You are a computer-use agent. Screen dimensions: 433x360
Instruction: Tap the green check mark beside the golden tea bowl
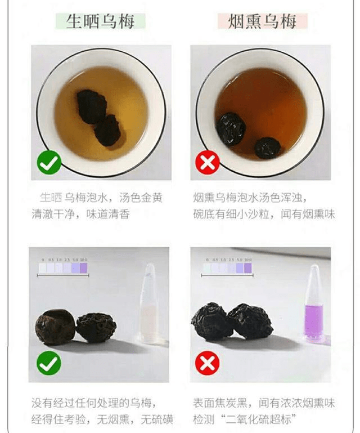click(x=49, y=163)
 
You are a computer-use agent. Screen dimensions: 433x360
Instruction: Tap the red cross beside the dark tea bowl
click(x=207, y=163)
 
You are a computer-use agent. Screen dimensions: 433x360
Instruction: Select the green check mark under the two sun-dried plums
click(x=49, y=364)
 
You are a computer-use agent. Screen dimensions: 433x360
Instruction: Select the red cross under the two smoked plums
click(x=207, y=364)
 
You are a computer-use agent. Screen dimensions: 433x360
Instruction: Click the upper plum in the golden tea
click(x=91, y=107)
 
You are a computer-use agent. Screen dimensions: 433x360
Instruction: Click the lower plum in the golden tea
click(x=107, y=131)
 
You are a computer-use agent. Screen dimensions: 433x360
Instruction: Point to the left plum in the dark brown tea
click(x=231, y=128)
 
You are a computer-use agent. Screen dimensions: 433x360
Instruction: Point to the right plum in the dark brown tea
click(x=267, y=148)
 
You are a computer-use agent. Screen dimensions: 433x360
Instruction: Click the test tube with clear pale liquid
click(x=150, y=304)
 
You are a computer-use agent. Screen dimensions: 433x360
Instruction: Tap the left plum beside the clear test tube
click(x=56, y=327)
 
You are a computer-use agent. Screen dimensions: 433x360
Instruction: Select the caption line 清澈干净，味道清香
click(x=81, y=215)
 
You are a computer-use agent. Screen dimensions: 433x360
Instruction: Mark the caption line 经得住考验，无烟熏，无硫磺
click(x=101, y=419)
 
